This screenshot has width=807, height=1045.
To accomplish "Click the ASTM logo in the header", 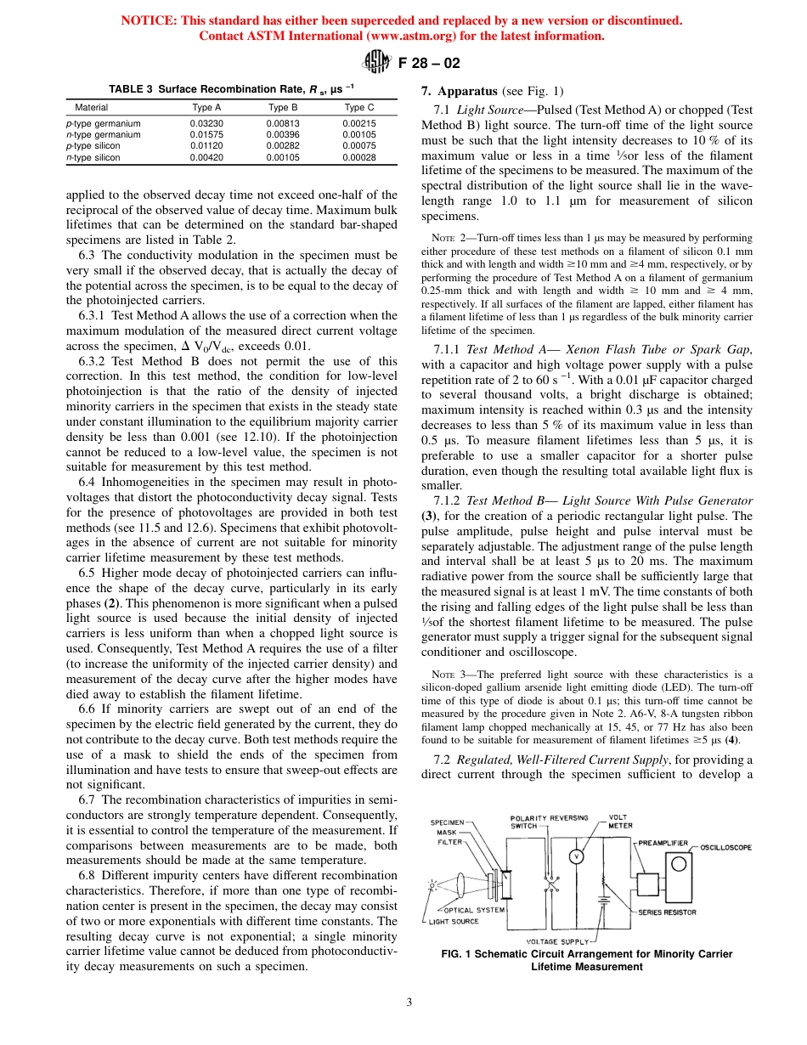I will click(375, 61).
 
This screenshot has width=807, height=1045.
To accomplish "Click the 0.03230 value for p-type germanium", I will click(207, 123).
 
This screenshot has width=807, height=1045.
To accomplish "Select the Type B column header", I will click(283, 108).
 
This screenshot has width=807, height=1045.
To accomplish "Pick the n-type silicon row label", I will click(93, 157).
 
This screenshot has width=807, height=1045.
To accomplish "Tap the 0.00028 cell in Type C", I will click(359, 157).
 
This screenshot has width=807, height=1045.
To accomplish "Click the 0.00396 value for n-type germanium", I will click(283, 134).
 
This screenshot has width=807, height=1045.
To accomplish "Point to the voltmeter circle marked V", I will click(575, 856).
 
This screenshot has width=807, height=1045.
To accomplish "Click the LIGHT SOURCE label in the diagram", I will click(454, 921).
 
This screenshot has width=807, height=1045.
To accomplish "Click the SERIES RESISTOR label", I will click(668, 912).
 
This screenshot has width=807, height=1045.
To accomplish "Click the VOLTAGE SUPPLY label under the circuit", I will click(557, 941).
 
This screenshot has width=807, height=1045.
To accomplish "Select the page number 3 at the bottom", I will click(409, 1003).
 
